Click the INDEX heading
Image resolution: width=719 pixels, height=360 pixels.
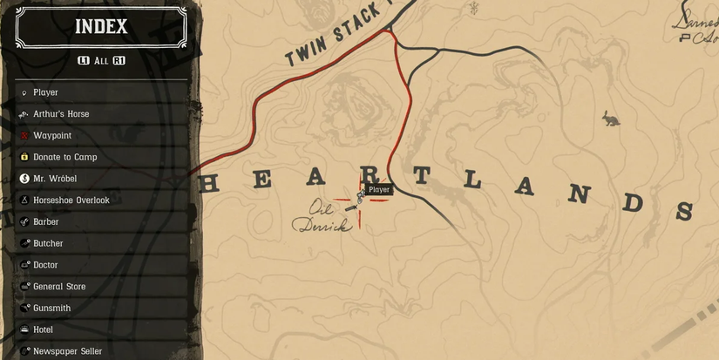coord(101,26)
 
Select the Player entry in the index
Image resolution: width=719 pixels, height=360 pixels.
coord(45,92)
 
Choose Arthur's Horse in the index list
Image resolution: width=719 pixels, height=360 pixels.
coord(61,114)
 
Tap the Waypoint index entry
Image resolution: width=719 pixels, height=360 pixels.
coord(52,136)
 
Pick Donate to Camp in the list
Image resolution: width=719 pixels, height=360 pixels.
coord(64,157)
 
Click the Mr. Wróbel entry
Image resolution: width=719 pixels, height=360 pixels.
coord(55,179)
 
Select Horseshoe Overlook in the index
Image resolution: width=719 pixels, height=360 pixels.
coord(71,200)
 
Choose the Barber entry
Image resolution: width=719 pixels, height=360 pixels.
coord(46,222)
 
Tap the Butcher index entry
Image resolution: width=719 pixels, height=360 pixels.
coord(48,243)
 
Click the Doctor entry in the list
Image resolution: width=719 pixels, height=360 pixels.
coord(45,265)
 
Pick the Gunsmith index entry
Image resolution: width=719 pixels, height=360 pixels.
coord(52,308)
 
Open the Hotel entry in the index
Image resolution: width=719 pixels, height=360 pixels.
coord(44,329)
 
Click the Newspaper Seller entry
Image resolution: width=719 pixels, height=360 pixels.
coord(67,351)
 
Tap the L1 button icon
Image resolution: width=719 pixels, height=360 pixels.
coord(84,61)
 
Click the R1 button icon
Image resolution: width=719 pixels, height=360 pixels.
coord(119,61)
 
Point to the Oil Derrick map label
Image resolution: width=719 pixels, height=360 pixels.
coord(322,217)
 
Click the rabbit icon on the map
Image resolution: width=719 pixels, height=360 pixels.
coord(611,118)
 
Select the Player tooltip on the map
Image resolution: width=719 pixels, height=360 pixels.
coord(379,189)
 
